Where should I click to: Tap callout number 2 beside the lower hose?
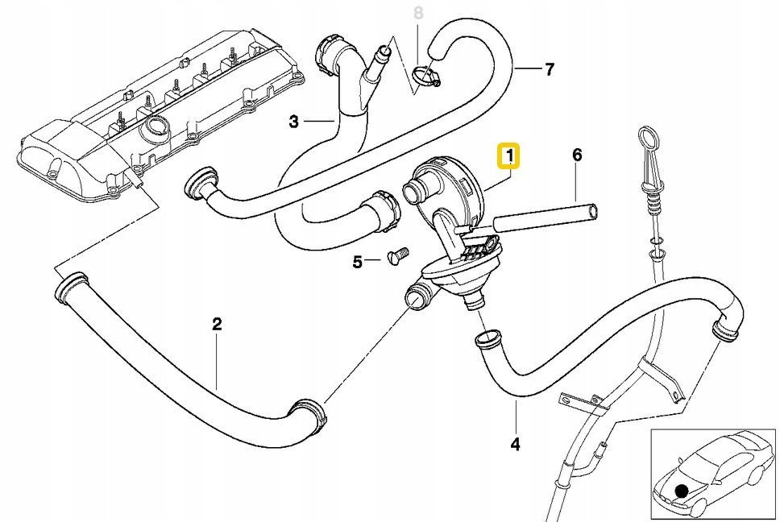coord(217,325)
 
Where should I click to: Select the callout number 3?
coord(294,122)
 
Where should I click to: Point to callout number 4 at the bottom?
coord(516,443)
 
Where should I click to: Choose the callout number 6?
coord(577,155)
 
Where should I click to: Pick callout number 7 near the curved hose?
coord(549,69)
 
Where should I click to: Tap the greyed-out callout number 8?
coord(417,13)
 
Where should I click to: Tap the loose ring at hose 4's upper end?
coord(487,338)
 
